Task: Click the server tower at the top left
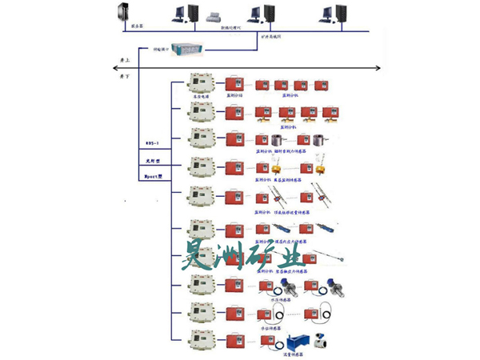[x=123, y=14]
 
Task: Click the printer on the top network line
[x=214, y=16]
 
